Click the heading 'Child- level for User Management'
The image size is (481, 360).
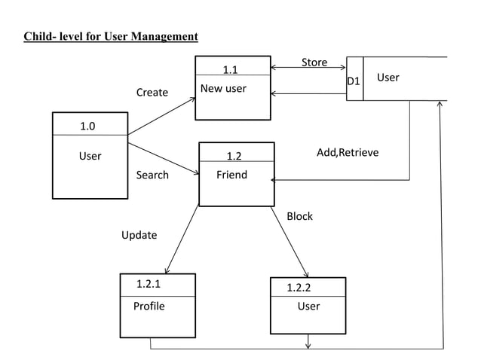point(111,36)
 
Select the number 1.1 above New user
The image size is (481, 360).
point(231,70)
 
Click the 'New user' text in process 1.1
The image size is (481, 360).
point(223,90)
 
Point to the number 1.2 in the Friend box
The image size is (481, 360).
point(234,157)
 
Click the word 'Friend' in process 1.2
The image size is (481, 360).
point(231,175)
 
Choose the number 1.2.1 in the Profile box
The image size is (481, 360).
point(149,285)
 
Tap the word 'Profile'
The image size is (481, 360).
point(149,307)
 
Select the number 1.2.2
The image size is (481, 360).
point(299,288)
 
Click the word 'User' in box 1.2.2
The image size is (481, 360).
point(308,307)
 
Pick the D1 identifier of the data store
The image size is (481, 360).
point(354,81)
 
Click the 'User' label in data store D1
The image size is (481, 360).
point(388,78)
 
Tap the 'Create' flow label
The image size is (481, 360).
point(152,93)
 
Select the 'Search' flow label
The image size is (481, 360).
point(152,175)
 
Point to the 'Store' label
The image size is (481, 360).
point(314,63)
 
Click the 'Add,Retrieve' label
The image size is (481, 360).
point(348,153)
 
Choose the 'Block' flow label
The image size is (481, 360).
point(299,216)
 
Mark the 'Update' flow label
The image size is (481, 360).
point(139,235)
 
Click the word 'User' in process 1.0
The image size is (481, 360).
point(90,157)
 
